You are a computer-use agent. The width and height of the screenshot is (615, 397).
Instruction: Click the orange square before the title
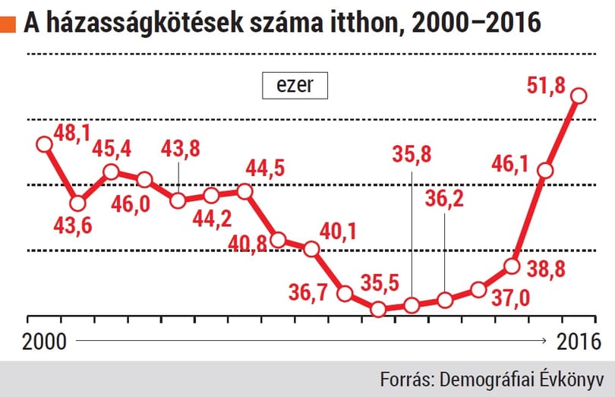coord(8,24)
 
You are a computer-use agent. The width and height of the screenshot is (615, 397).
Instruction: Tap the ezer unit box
coord(295,85)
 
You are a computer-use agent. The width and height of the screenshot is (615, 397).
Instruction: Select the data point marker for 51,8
coord(579,96)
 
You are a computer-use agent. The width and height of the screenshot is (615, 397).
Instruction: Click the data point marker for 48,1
coord(44,144)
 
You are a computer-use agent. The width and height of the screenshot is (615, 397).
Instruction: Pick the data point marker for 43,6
coord(77,203)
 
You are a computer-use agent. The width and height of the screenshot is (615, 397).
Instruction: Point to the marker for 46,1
coord(546,171)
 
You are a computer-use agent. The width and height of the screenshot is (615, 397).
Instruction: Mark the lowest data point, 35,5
coord(378,309)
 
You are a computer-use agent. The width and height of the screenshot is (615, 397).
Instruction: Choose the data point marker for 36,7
coord(345,293)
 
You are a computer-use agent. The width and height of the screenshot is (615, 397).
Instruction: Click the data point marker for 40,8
coord(278,240)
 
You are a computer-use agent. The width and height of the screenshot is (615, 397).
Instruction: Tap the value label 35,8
coord(412,155)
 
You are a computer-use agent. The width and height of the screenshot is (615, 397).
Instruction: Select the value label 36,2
coord(444,199)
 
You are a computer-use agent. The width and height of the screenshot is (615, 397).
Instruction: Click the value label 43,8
coord(181,149)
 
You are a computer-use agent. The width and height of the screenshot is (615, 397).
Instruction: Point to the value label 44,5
coord(265,169)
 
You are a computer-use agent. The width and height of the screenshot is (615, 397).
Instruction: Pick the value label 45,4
coord(112,149)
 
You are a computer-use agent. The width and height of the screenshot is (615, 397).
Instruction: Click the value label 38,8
coord(546,269)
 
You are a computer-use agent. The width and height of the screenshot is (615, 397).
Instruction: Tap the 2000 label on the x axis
coord(44,342)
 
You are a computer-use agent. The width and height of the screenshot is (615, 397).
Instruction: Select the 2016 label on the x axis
coord(579,342)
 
